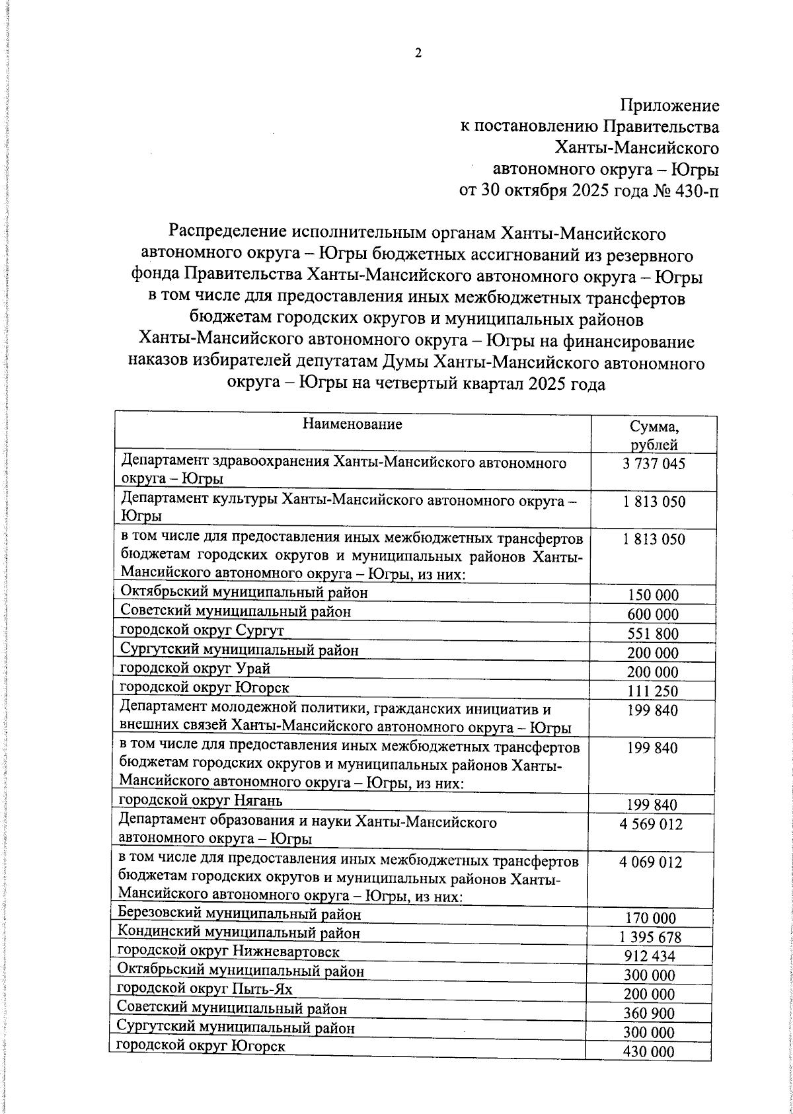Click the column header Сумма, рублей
pyautogui.click(x=654, y=435)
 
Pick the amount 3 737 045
pyautogui.click(x=654, y=464)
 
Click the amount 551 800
pyautogui.click(x=653, y=634)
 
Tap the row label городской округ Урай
pyautogui.click(x=195, y=668)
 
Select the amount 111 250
pyautogui.click(x=653, y=692)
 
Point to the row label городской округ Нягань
pyautogui.click(x=201, y=801)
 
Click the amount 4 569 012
pyautogui.click(x=651, y=825)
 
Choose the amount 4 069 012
pyautogui.click(x=651, y=862)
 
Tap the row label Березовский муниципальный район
pyautogui.click(x=239, y=914)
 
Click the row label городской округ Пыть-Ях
pyautogui.click(x=204, y=989)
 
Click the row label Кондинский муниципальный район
pyautogui.click(x=239, y=933)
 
